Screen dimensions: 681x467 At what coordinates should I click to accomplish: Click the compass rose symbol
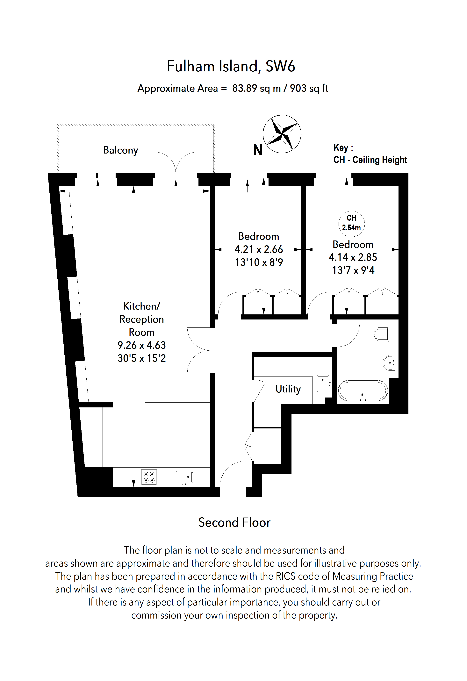pos(282,134)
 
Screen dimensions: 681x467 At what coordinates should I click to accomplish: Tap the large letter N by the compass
pos(257,150)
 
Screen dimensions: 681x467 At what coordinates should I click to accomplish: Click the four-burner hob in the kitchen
pos(149,477)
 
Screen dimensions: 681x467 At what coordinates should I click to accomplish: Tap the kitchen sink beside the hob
pos(184,477)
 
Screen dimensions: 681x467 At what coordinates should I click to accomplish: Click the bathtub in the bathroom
pos(363,391)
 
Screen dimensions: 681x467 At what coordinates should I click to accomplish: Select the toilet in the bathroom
pos(381,334)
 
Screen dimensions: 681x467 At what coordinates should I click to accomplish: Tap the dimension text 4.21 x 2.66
pos(259,249)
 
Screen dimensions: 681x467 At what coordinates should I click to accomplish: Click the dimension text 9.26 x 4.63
pos(141,345)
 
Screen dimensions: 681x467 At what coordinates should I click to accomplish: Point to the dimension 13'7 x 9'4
pos(353,270)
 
